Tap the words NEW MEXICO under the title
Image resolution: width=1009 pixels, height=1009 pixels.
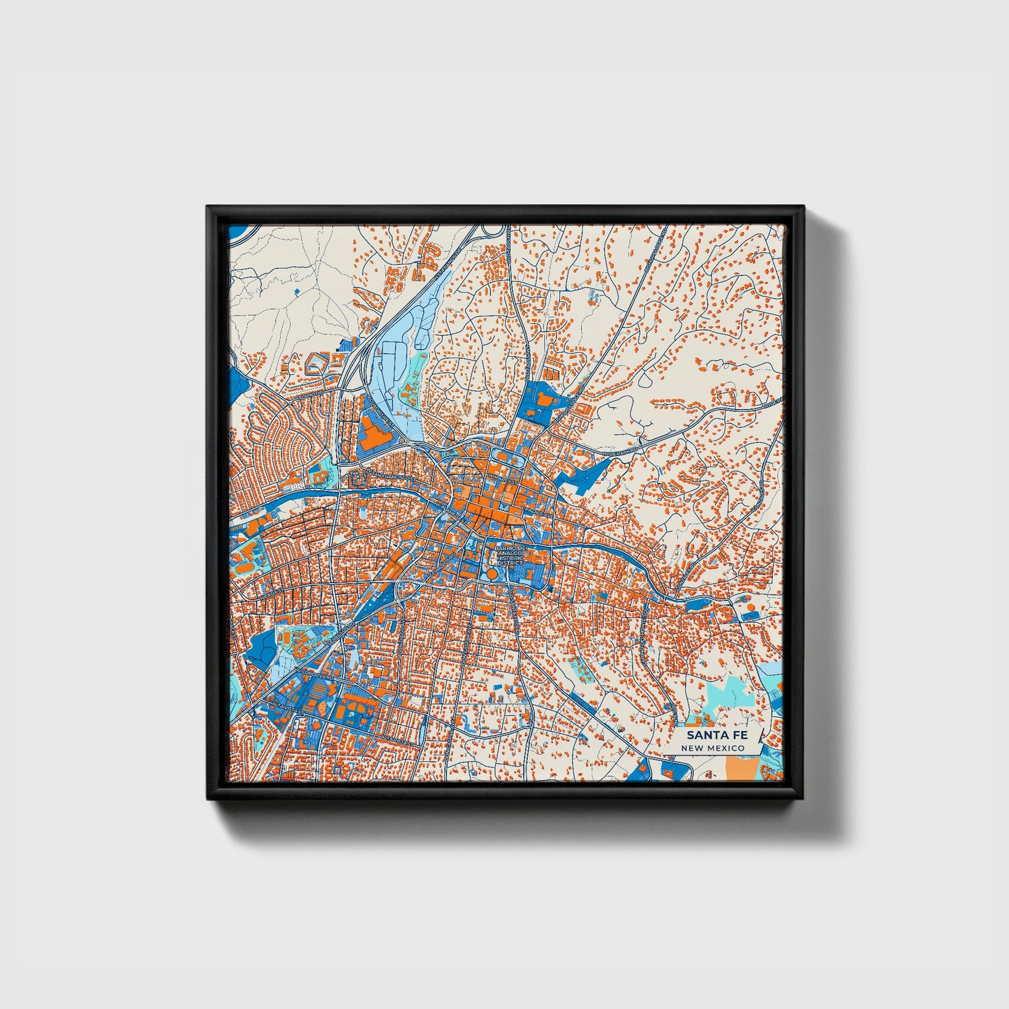713,748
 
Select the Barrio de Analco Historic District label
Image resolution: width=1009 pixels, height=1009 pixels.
510,556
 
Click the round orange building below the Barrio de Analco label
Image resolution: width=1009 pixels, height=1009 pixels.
492,573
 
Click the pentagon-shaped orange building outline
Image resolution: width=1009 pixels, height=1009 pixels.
318,362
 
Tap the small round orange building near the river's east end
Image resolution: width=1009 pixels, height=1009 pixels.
751,607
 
